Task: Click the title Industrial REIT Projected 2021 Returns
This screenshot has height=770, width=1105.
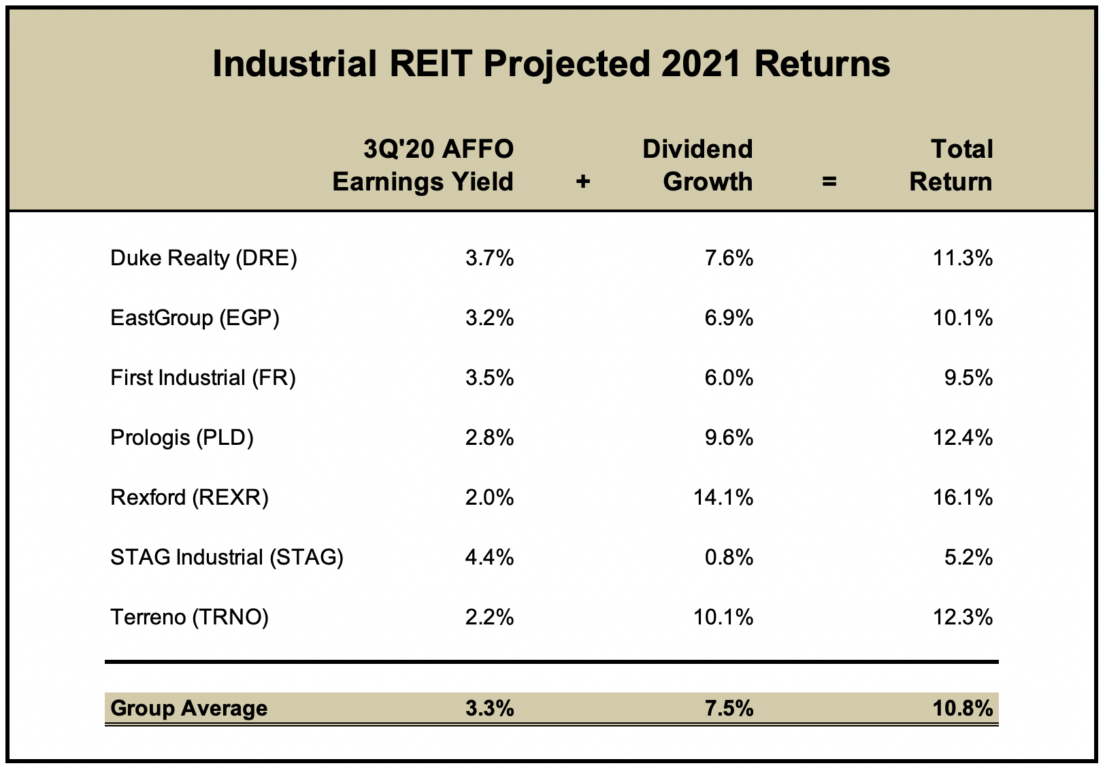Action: point(551,65)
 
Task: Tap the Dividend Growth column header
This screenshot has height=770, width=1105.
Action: point(697,165)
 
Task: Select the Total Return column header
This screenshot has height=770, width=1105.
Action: point(951,165)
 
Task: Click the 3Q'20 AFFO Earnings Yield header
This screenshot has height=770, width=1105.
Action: point(423,165)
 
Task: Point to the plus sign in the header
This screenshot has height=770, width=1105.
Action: point(582,182)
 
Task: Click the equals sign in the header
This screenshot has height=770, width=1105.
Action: point(829,182)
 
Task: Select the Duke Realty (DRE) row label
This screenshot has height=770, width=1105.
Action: point(203,258)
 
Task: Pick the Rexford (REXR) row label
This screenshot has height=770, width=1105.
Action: point(189,498)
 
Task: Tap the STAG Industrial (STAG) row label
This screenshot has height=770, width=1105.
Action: point(227,558)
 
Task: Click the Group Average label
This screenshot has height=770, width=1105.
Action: point(188,709)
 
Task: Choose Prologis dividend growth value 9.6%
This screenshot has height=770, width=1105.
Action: point(729,438)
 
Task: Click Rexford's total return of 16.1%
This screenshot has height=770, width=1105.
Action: point(963,498)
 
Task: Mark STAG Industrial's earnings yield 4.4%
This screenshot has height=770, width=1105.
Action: point(489,558)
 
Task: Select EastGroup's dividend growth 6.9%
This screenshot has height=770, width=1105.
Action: point(729,318)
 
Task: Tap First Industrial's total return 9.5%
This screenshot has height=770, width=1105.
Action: point(968,378)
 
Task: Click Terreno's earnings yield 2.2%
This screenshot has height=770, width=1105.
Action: point(489,618)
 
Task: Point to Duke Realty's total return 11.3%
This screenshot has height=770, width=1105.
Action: point(963,258)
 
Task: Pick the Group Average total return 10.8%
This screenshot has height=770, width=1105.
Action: point(963,709)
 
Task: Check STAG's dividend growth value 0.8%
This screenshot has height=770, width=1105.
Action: point(729,558)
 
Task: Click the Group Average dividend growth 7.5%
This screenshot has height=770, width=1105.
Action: point(729,709)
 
